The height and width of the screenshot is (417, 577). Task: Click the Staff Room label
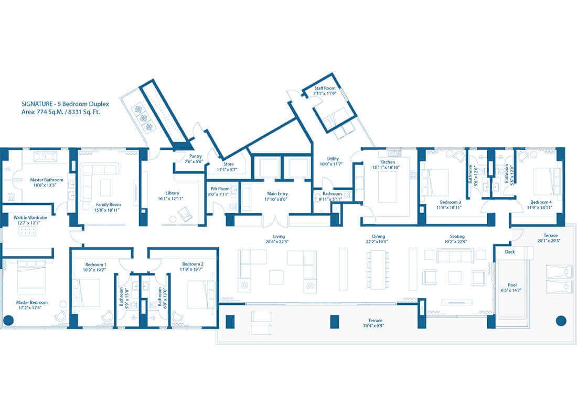coord(325,89)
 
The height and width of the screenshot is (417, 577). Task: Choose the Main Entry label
coord(276,194)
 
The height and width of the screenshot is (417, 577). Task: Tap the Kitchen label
coord(388,162)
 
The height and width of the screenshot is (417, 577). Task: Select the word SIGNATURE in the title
coord(36,104)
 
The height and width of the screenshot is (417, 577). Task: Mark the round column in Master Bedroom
coord(8,320)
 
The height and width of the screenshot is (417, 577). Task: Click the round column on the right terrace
coord(560,320)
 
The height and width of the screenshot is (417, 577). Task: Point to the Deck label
coord(509,252)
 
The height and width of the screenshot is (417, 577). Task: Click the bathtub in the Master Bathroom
coord(47,156)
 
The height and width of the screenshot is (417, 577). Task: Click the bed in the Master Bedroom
coord(31,278)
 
